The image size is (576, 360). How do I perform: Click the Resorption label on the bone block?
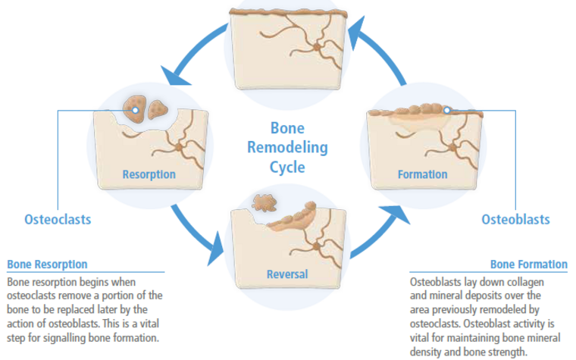point(149,174)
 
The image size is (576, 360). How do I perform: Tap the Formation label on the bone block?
point(422,174)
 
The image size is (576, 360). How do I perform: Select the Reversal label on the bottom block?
point(287,274)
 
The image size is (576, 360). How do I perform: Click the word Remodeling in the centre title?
point(287,147)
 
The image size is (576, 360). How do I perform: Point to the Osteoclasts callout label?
point(58,220)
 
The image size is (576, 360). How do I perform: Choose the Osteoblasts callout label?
point(515,220)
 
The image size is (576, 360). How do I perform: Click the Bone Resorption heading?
point(48,265)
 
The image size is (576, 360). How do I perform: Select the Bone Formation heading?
point(528,265)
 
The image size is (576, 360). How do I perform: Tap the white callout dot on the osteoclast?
point(135,110)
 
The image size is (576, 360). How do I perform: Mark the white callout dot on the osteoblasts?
point(446,110)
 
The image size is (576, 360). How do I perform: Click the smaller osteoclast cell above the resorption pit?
point(157,109)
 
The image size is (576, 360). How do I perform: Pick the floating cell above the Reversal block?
point(264,203)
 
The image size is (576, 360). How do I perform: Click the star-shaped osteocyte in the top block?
point(316,47)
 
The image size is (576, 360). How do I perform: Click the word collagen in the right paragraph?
point(525,283)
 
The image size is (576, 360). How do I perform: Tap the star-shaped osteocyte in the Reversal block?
point(316,246)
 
